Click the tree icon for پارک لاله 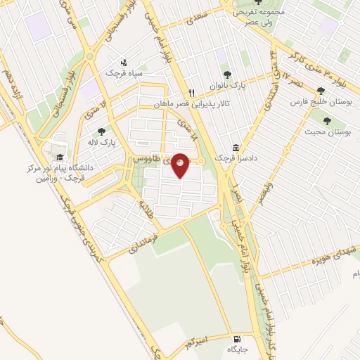(101, 131)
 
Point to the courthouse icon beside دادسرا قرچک (235, 148)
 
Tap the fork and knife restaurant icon (191, 93)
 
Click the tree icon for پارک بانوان (226, 75)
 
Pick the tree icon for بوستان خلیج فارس (321, 90)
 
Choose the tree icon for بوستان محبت (326, 120)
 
